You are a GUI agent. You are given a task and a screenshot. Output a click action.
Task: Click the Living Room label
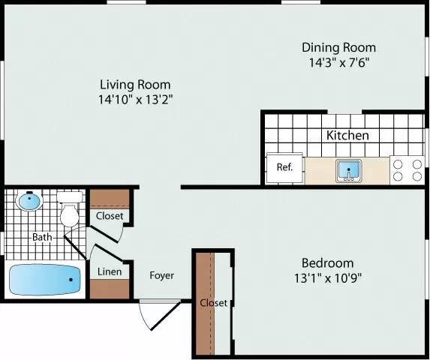coord(135,85)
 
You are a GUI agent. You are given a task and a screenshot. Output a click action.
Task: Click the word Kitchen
coord(347,136)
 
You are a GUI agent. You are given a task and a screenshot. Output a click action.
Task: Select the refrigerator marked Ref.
coord(285,167)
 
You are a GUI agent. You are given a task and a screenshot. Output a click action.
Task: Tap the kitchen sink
coord(349,170)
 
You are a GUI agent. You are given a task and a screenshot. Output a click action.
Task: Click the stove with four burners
coord(407,170)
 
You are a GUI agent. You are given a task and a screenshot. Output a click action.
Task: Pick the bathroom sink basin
coord(29,201)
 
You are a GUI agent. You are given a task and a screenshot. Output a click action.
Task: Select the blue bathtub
coord(45,280)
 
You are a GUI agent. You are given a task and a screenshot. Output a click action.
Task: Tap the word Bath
coord(41,238)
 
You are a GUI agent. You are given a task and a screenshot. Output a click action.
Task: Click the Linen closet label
coord(110,272)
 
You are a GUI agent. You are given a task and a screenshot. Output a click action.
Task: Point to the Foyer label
coord(161,275)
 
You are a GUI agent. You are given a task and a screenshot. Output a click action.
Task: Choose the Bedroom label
coord(327,262)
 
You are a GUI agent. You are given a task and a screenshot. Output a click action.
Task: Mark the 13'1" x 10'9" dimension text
coord(327,277)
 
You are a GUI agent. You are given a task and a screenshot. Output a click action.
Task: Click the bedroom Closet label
coord(213,303)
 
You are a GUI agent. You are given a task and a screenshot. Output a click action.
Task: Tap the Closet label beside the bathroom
coord(110,216)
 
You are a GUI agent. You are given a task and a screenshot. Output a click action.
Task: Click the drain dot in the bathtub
coord(71,280)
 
